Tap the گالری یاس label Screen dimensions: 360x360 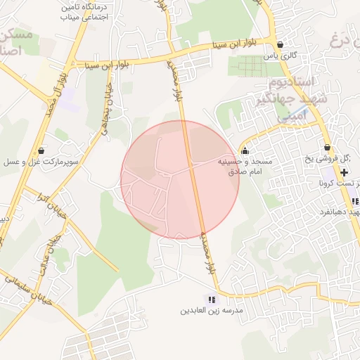tap(278, 55)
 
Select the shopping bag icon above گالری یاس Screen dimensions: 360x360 tap(281, 45)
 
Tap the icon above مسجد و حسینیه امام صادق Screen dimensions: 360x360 tap(245, 150)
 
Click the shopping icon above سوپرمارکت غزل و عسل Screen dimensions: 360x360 tap(41, 150)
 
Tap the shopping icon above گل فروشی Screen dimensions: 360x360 tap(327, 148)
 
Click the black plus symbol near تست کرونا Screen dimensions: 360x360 tap(344, 172)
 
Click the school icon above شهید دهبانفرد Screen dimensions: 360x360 tap(356, 201)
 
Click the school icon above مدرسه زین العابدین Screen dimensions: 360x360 tap(212, 300)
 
